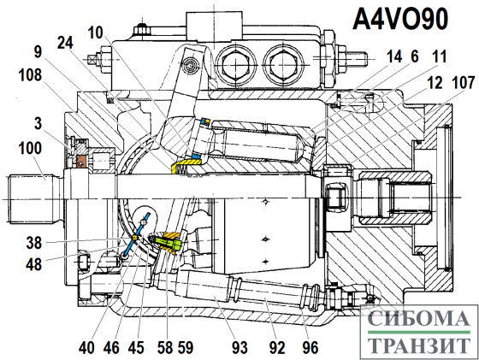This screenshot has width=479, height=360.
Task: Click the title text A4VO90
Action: [x=400, y=19]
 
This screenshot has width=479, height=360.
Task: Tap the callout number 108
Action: [x=30, y=74]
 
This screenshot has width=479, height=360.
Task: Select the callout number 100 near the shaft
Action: [x=30, y=149]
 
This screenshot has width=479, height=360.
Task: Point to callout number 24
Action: [x=65, y=43]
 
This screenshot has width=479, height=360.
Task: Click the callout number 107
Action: [x=464, y=82]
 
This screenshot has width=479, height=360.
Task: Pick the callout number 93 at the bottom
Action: [x=239, y=347]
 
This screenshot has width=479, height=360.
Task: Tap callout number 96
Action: [x=310, y=347]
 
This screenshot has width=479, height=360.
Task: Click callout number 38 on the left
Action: [x=33, y=243]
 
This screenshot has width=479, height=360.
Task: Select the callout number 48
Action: [x=33, y=264]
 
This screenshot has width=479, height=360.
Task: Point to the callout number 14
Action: [x=394, y=56]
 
